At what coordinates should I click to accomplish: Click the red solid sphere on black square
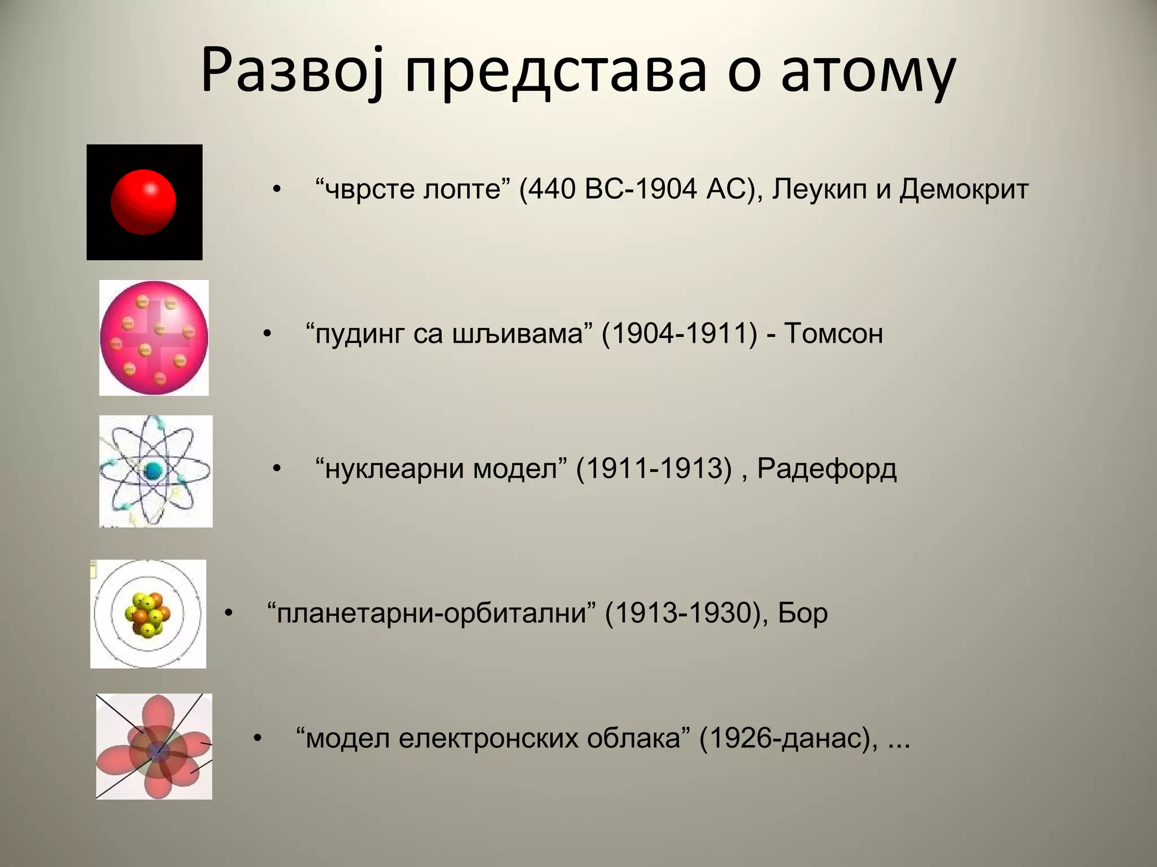(143, 202)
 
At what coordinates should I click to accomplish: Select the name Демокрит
(963, 189)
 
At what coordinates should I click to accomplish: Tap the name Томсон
(833, 333)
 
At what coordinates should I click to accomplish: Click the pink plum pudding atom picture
(154, 338)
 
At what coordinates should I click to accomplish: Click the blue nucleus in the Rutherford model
(153, 471)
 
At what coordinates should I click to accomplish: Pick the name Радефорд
(827, 468)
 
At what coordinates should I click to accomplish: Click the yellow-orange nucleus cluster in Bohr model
(148, 614)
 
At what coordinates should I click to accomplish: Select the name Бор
(802, 613)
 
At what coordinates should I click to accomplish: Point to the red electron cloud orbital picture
(154, 746)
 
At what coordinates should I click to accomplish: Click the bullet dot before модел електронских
(258, 738)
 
